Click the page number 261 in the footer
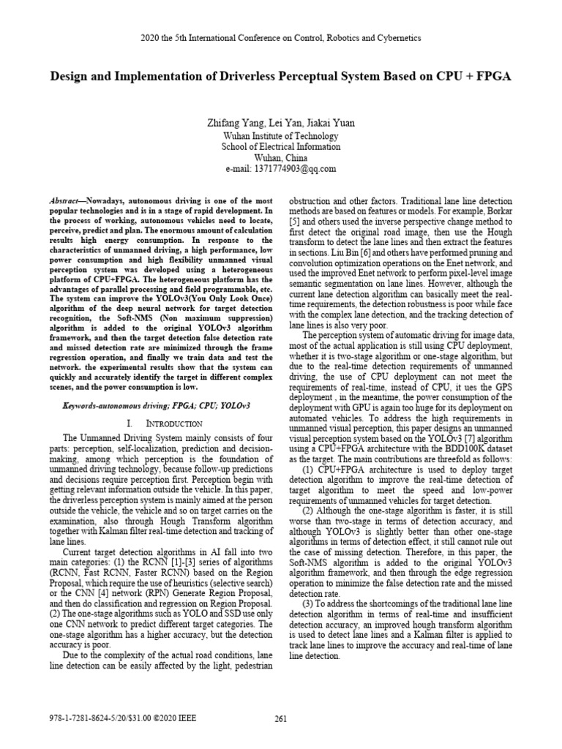tap(280, 718)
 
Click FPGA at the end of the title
tap(494, 76)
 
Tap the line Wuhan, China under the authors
tap(281, 157)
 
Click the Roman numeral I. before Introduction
tap(129, 423)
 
